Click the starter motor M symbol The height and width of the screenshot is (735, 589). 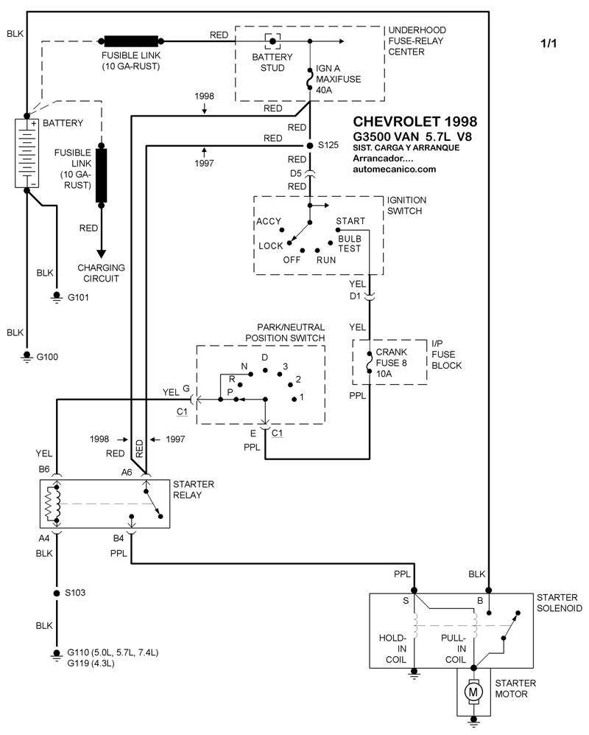(473, 692)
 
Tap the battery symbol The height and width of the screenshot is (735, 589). (27, 153)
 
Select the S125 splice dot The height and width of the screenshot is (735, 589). (309, 146)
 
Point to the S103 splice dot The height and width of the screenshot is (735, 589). (57, 593)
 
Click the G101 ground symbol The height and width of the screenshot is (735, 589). (57, 298)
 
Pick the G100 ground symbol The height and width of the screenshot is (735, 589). (27, 358)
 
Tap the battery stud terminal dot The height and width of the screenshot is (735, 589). (272, 41)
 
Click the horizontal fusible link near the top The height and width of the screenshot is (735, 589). (131, 41)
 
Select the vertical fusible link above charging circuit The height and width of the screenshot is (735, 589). (101, 175)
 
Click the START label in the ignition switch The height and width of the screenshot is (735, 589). (350, 220)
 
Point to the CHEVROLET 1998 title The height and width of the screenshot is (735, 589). (415, 122)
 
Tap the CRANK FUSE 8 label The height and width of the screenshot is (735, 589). (392, 358)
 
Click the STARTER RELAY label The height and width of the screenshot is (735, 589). (194, 490)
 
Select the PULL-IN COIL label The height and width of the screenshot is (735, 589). (454, 649)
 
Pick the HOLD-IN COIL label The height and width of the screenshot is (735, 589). (393, 649)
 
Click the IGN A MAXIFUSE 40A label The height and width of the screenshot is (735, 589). (338, 79)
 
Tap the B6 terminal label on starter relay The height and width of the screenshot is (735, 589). (44, 469)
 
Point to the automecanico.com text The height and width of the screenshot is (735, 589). (394, 170)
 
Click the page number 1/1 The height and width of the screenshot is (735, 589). (549, 43)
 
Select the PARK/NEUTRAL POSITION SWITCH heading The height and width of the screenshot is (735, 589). (285, 332)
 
